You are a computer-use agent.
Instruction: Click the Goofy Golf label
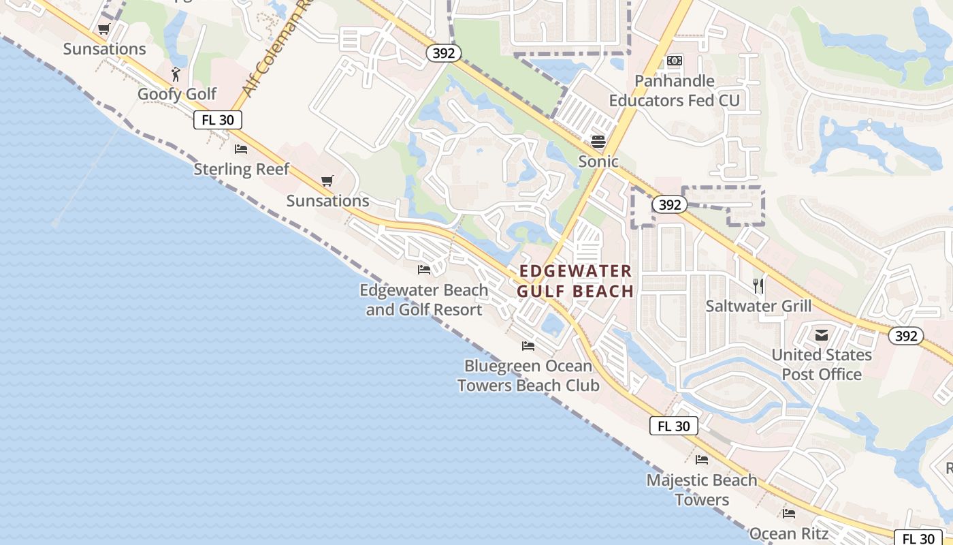(x=177, y=94)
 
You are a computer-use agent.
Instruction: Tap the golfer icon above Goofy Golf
(x=176, y=73)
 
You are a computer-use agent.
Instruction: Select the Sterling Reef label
(x=242, y=169)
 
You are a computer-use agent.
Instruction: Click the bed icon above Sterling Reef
(x=241, y=149)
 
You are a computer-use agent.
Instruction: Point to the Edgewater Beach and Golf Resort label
(x=423, y=300)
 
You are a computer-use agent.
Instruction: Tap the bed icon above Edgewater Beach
(x=424, y=269)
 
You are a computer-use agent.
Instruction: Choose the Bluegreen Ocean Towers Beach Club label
(x=528, y=375)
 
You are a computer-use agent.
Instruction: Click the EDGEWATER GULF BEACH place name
(x=576, y=281)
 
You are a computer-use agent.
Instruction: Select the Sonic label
(x=598, y=161)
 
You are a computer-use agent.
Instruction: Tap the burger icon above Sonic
(x=598, y=141)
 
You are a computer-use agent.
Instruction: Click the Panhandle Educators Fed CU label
(x=674, y=91)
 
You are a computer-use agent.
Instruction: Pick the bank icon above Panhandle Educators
(x=674, y=61)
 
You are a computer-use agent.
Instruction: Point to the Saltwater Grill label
(x=758, y=306)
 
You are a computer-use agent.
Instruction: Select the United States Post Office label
(x=821, y=364)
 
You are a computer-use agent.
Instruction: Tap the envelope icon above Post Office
(x=822, y=334)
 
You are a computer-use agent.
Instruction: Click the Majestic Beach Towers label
(x=701, y=490)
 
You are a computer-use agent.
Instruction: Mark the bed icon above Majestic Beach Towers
(x=702, y=460)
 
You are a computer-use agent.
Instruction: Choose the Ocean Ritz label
(x=788, y=533)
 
